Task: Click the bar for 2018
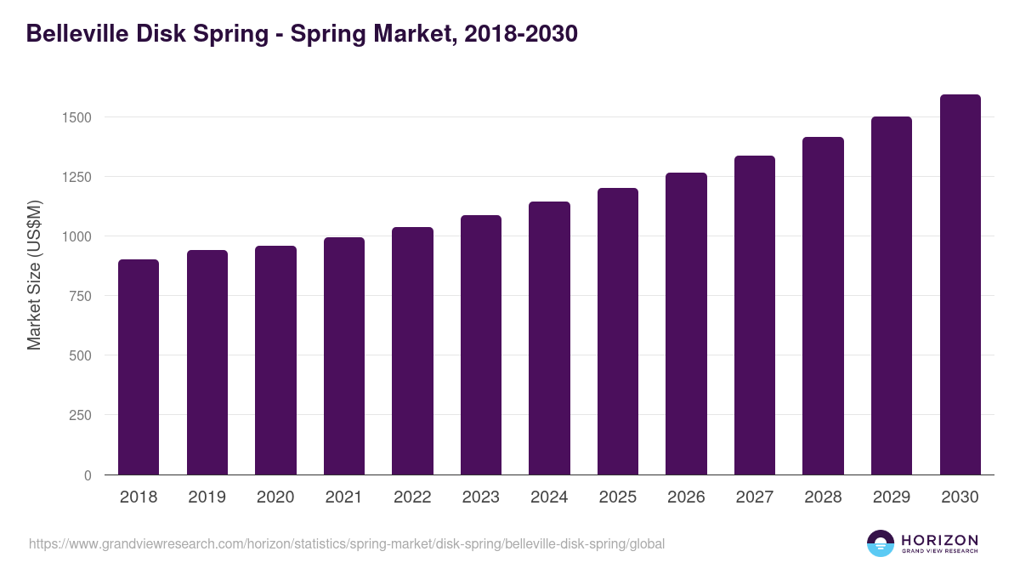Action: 139,367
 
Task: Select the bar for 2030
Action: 960,285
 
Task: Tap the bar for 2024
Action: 549,338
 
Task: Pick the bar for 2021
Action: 344,356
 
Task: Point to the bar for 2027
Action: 755,315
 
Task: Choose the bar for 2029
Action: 892,296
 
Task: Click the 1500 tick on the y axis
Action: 76,117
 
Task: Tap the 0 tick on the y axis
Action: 87,475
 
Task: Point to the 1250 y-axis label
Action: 76,177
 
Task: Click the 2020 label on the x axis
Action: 275,497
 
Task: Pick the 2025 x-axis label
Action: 618,497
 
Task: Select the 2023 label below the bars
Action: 481,497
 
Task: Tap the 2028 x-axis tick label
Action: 823,497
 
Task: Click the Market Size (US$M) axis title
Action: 35,275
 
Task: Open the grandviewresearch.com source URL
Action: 347,543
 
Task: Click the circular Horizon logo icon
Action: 881,543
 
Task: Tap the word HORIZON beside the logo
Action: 939,539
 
